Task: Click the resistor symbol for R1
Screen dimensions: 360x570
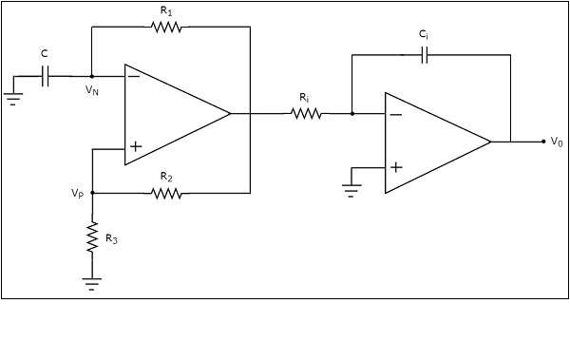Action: pos(167,28)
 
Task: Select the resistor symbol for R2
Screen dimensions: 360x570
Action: pos(167,193)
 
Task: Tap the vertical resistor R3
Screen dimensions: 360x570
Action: pos(92,237)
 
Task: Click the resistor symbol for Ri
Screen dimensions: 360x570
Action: pos(306,114)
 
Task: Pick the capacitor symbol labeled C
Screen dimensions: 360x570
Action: pos(45,77)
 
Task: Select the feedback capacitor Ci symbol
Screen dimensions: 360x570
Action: pos(424,55)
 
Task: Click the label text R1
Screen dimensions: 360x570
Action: pos(166,11)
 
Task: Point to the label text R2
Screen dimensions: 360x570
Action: pos(166,177)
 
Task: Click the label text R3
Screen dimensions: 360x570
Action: pos(111,239)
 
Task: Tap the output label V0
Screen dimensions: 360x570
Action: pos(556,141)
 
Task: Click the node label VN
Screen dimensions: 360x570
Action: pos(91,90)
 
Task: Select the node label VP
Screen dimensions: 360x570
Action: pos(77,192)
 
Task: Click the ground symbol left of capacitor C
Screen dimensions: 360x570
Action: pos(12,96)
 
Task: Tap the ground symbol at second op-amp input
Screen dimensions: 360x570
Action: pos(352,188)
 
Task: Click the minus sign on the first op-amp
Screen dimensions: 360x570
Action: pos(134,77)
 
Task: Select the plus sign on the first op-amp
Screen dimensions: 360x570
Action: pos(135,146)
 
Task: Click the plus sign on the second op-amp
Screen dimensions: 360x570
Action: pos(395,167)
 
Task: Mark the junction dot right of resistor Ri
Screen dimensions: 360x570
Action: pos(352,114)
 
